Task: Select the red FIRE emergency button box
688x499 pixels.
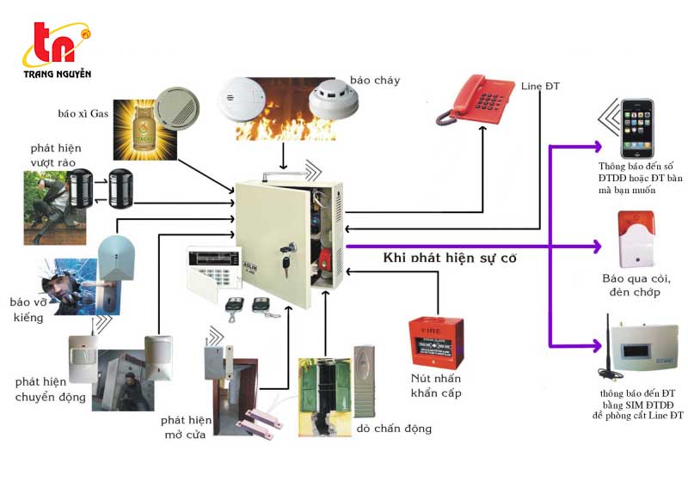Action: [436, 342]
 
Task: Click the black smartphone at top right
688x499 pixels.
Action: [637, 128]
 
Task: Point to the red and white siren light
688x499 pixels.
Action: [636, 239]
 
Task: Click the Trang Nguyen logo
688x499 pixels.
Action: [57, 51]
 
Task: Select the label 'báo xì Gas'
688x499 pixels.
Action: [83, 113]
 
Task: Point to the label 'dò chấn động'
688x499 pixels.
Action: [395, 429]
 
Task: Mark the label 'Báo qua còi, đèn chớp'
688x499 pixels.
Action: [637, 286]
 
